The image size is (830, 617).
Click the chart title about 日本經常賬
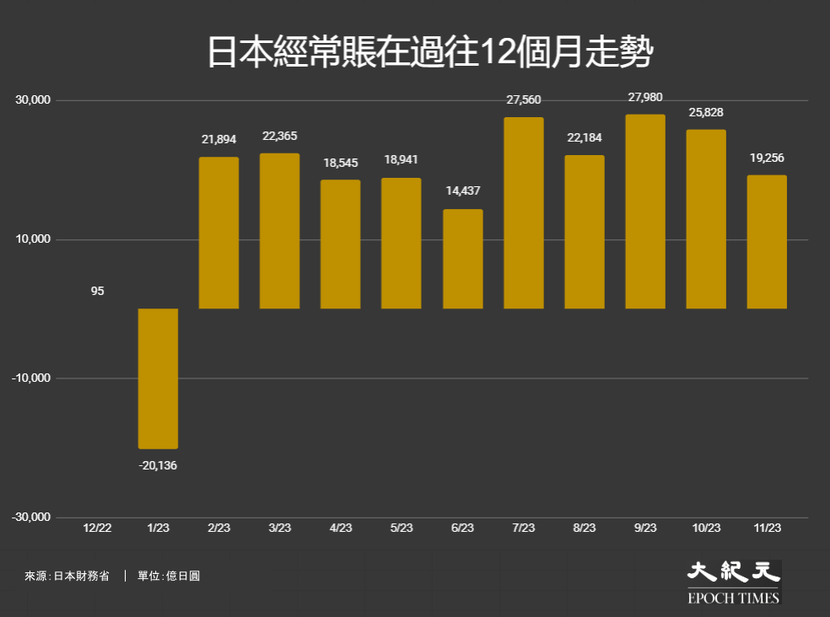[x=430, y=52]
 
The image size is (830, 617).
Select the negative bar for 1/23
[x=159, y=378]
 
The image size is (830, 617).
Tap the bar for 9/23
[x=645, y=211]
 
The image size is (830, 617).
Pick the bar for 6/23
[x=462, y=259]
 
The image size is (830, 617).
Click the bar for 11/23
[x=767, y=242]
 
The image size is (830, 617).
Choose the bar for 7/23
[x=524, y=212]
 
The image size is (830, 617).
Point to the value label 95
[x=97, y=291]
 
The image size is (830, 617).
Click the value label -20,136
[x=158, y=465]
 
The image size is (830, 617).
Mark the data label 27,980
[x=645, y=98]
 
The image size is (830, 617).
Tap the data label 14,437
[x=462, y=191]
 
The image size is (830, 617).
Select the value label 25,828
[x=706, y=112]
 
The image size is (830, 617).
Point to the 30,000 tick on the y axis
[x=33, y=100]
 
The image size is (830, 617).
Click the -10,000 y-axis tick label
[x=31, y=378]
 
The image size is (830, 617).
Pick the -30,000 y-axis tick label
[x=31, y=517]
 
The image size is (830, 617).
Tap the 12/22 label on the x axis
[x=97, y=528]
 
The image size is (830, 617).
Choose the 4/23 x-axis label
[x=341, y=528]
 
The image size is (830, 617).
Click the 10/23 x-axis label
[x=706, y=528]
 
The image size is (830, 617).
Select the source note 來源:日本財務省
[x=67, y=576]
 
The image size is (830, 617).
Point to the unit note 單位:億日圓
[x=169, y=576]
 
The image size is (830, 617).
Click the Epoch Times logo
[x=734, y=582]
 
